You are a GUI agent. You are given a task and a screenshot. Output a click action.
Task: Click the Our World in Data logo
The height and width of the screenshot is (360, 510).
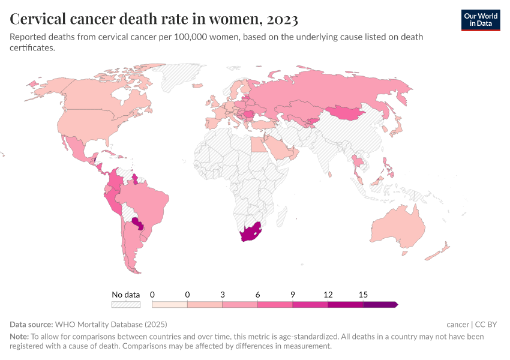click(480, 20)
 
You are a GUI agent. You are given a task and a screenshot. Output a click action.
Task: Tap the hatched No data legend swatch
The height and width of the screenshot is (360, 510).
click(125, 305)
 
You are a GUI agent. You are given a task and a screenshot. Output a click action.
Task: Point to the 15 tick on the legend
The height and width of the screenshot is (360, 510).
click(363, 295)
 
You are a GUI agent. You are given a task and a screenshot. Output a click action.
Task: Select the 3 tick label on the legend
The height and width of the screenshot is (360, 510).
click(223, 295)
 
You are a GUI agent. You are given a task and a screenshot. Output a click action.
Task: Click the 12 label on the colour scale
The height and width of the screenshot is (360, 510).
click(328, 295)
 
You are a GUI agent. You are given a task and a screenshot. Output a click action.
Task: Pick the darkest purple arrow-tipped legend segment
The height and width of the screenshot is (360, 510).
click(380, 305)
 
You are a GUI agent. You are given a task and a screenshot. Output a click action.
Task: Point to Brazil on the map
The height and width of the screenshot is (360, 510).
click(144, 201)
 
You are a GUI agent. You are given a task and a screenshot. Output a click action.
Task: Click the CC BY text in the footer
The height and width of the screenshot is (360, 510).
click(487, 325)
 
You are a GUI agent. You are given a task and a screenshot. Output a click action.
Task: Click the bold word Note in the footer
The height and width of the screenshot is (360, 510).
click(19, 337)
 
